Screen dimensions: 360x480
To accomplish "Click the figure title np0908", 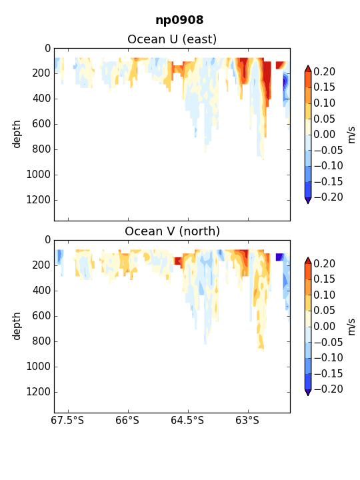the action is point(179,20).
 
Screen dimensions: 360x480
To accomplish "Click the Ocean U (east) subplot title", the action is point(172,39).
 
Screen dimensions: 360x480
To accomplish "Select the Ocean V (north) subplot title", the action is point(173,231).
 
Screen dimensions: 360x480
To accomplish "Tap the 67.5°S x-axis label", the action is point(67,420).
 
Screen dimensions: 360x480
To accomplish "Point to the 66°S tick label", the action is point(127,420).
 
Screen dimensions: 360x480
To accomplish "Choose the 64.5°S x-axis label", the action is point(187,420).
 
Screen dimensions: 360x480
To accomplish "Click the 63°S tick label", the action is point(247,420).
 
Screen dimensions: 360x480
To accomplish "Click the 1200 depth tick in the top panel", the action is point(38,200).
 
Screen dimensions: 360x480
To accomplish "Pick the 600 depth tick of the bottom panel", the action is point(41,315).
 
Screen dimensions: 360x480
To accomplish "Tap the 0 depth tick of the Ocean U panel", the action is point(47,49).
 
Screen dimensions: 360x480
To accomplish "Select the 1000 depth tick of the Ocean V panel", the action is point(38,367).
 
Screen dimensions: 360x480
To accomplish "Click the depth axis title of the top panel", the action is point(17,134).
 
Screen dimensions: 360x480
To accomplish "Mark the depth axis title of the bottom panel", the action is point(17,326).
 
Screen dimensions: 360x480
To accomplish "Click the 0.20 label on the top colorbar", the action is point(325,71).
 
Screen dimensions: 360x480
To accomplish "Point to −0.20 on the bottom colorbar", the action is point(328,389).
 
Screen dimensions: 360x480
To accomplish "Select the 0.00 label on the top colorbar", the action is point(325,134).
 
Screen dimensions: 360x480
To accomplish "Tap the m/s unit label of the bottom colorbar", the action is point(351,327).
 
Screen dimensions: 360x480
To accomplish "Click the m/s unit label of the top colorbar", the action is point(351,135).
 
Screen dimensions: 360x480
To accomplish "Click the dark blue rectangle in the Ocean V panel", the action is point(279,257).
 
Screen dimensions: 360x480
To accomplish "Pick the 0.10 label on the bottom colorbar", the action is point(325,295).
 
